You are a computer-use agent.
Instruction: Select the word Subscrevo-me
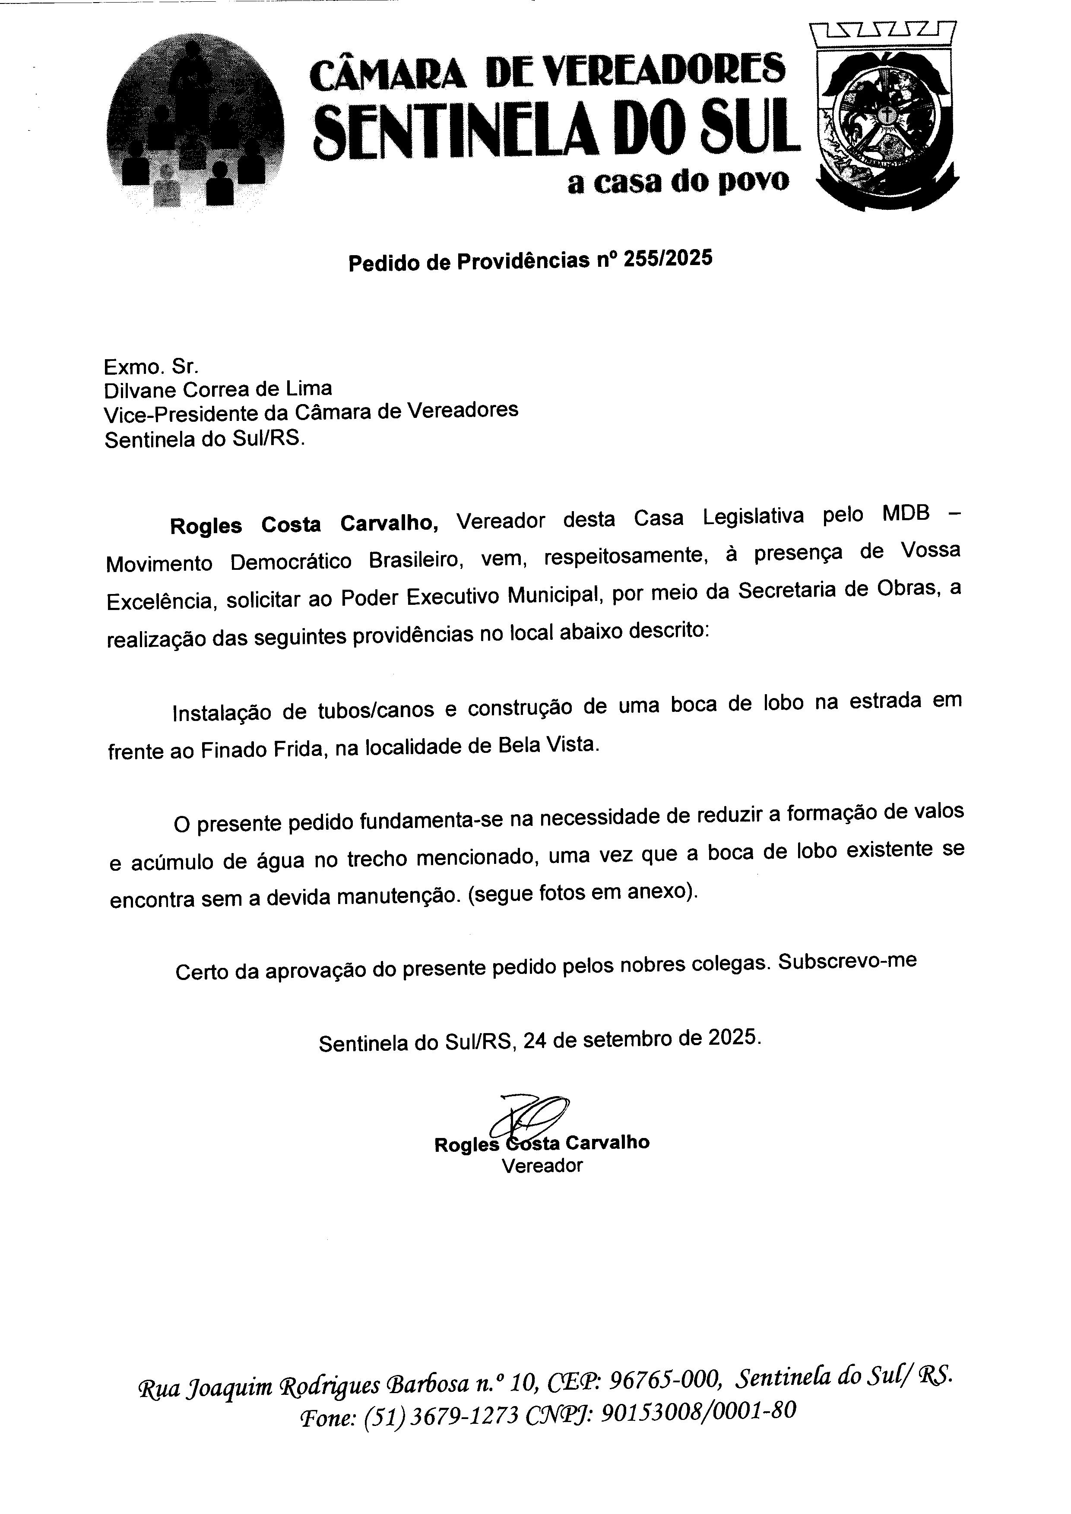click(x=847, y=961)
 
